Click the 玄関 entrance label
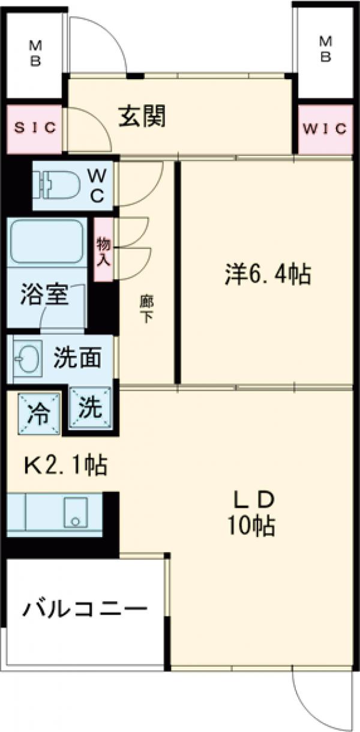click(142, 116)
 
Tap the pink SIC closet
click(34, 128)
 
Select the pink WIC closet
click(325, 128)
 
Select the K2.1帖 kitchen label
click(65, 465)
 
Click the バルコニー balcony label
click(85, 611)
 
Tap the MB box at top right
click(325, 48)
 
